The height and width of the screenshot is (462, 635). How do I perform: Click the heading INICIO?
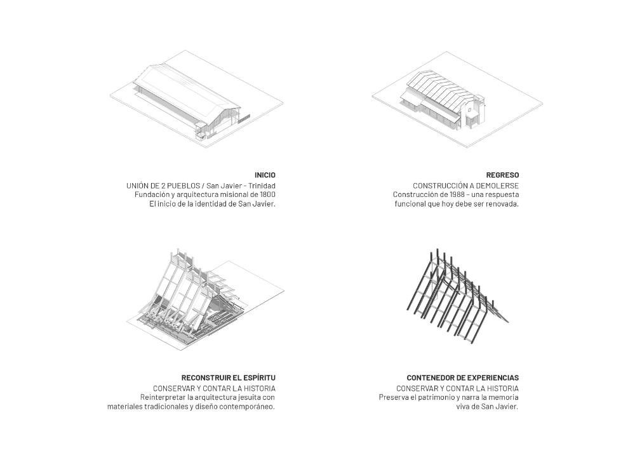(265, 175)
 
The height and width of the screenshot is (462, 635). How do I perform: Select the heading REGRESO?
(502, 175)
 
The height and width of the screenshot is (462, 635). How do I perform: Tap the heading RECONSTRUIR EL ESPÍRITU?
(229, 377)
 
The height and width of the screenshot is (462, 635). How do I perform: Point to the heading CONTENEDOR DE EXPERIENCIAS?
(463, 377)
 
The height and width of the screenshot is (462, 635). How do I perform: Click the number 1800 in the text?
(267, 194)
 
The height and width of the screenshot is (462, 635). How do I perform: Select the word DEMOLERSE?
(497, 185)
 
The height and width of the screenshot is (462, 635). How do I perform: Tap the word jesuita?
(244, 398)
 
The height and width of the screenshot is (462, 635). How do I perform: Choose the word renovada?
(502, 205)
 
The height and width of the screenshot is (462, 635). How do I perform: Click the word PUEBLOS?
(175, 185)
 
